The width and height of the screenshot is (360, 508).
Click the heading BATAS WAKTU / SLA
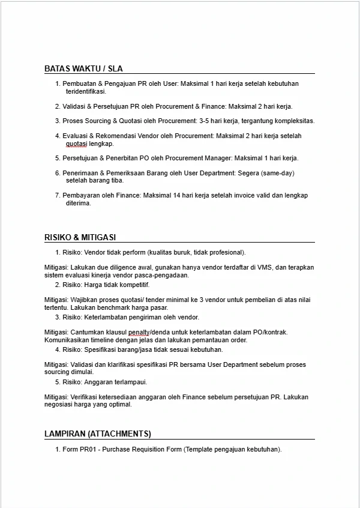[83, 68]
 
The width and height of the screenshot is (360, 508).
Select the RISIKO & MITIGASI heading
[80, 237]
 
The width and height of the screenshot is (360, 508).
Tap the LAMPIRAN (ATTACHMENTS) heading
[98, 434]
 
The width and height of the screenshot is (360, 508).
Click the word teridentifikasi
[86, 92]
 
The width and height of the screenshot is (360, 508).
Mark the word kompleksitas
[294, 121]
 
